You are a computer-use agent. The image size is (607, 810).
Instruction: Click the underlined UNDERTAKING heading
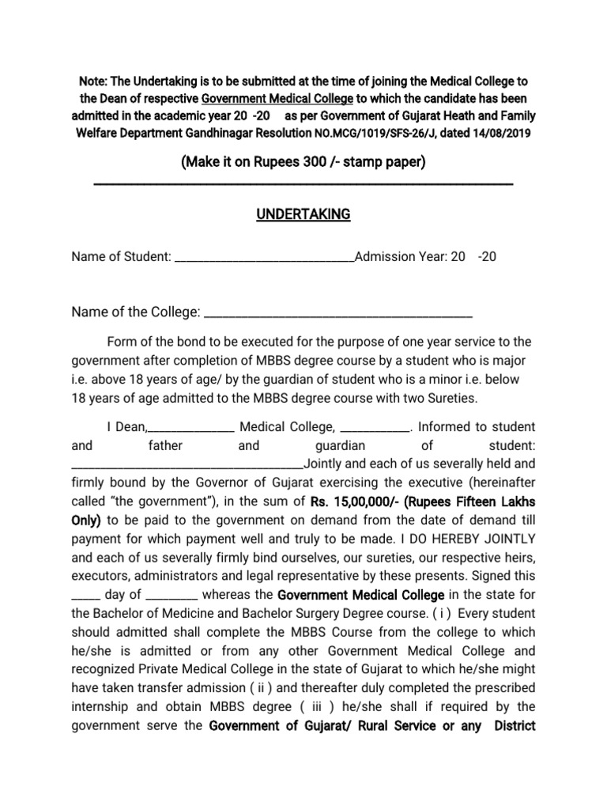point(303,214)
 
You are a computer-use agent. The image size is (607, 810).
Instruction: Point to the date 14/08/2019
point(503,134)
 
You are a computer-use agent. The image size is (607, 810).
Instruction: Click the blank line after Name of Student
point(264,257)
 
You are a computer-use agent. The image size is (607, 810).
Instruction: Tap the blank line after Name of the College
point(338,313)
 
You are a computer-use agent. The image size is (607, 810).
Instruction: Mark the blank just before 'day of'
point(85,595)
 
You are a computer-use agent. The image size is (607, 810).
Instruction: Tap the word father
point(165,445)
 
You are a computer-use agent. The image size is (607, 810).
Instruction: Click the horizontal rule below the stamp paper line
point(303,184)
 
